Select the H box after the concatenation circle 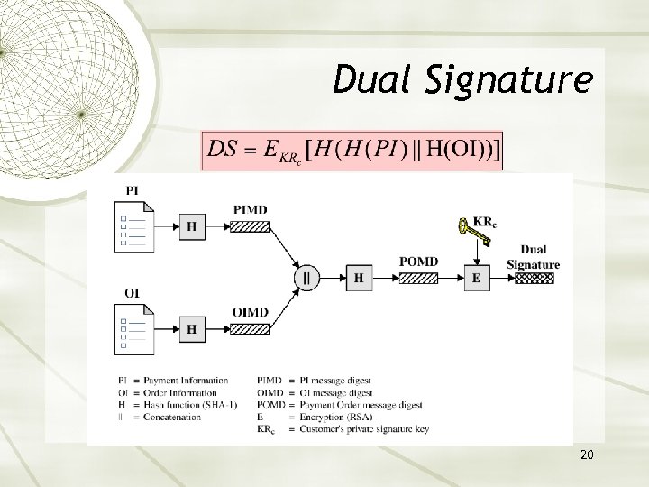click(359, 279)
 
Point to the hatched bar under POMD click(419, 279)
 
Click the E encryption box click(476, 279)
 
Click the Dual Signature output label click(533, 257)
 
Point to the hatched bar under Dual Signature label click(533, 279)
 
